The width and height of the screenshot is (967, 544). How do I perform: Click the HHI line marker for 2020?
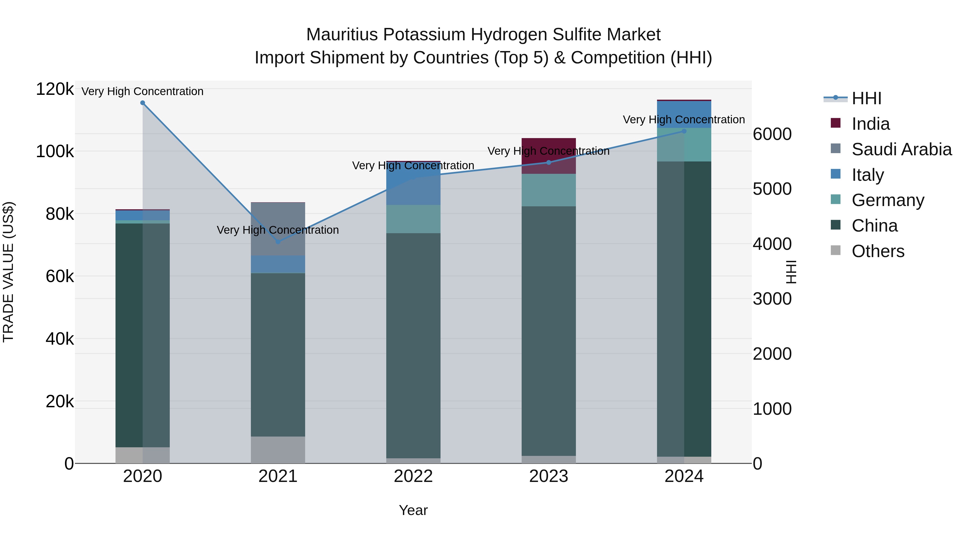tap(143, 103)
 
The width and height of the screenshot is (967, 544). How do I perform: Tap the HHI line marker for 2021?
tap(278, 242)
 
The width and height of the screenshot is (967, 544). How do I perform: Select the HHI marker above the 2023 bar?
tap(549, 163)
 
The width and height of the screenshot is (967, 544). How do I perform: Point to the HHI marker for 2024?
tap(684, 131)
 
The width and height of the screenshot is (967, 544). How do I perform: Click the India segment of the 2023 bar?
tap(549, 156)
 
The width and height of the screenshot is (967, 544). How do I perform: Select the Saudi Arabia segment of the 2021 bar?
tap(278, 229)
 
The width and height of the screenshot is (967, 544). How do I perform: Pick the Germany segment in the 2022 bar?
tap(413, 219)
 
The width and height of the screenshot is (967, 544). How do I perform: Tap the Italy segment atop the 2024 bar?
tap(684, 114)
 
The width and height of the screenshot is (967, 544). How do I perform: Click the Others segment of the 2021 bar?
tap(278, 449)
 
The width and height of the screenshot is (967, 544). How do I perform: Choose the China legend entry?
tap(874, 226)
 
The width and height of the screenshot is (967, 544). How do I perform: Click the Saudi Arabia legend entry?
tap(901, 149)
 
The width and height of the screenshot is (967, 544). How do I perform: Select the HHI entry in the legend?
tap(866, 98)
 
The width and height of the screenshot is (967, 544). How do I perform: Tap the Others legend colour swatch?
tap(836, 250)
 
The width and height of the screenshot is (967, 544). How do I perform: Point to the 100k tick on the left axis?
tap(55, 152)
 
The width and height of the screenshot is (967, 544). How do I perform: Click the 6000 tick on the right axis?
tap(772, 134)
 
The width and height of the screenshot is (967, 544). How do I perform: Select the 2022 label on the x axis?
tap(413, 476)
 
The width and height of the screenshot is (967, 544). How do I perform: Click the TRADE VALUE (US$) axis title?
tap(8, 272)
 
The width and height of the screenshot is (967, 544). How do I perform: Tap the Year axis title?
tap(413, 510)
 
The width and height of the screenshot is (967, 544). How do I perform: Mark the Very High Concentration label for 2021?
tap(278, 230)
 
